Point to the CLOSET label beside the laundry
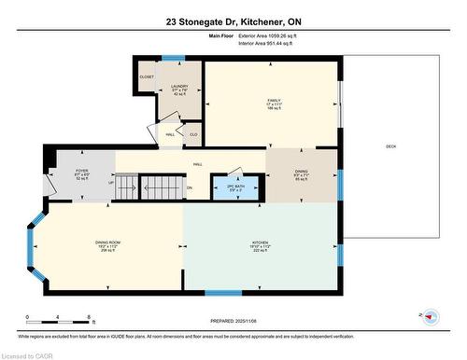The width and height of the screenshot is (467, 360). (x=147, y=76)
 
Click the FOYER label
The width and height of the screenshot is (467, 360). (x=81, y=173)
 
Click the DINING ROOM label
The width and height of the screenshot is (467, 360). (x=108, y=244)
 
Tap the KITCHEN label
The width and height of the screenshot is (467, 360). (x=260, y=244)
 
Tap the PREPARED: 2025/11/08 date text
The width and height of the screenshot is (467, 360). (x=233, y=320)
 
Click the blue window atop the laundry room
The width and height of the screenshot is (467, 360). (x=172, y=59)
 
